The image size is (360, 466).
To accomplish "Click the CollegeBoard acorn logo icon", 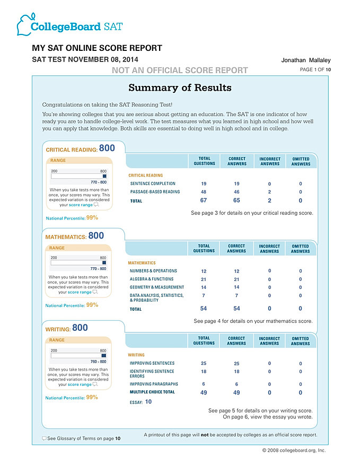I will pos(24,24).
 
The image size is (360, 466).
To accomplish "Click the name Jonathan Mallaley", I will pos(306,60).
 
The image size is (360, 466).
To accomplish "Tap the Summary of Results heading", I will pos(180,87).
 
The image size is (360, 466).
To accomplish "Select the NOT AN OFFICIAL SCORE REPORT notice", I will pos(180,70).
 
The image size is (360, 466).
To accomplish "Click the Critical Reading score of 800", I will pos(107,148).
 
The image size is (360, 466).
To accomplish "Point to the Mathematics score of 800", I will pos(96,235).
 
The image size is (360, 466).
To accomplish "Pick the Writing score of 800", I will pos(80,328).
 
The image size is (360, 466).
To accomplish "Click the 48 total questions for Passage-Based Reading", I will pos(204,192).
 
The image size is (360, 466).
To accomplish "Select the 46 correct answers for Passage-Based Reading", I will pos(236,192).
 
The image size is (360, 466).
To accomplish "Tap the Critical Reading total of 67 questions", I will pos(204,200).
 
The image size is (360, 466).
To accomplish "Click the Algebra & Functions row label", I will pos(152,279).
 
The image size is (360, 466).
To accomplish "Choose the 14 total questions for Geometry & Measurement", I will pos(204,287).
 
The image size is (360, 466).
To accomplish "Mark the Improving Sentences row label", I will pos(152,364).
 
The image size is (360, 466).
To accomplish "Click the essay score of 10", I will pos(148,402).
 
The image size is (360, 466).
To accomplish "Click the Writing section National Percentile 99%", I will pos(92,397).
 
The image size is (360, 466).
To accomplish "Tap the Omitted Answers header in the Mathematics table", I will pos(301,249).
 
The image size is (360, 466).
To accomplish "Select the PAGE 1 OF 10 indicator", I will pos(315,70).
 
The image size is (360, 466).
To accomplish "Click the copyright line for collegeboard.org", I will pos(294,450).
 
